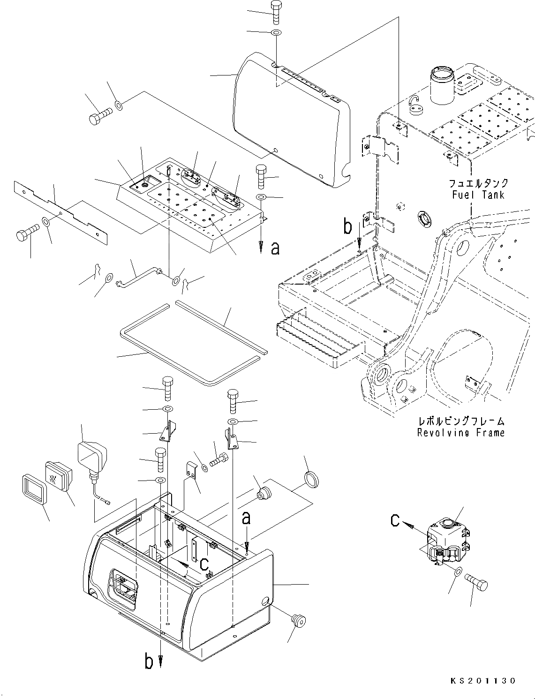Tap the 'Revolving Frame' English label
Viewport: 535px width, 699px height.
tap(461, 432)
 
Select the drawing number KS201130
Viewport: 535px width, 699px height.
tap(483, 681)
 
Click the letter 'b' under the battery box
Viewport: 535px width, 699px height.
tap(149, 662)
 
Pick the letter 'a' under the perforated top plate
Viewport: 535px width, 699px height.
tap(275, 248)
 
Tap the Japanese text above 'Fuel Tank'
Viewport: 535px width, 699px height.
tap(478, 183)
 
